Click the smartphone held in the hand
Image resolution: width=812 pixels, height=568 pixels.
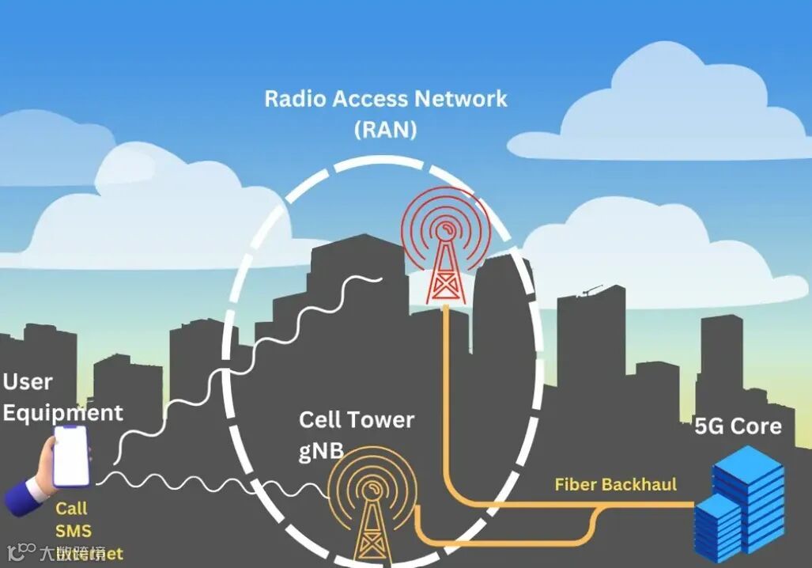click(x=70, y=456)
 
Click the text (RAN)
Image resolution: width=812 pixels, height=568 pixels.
click(x=385, y=129)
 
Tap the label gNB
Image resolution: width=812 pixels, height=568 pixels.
click(x=321, y=450)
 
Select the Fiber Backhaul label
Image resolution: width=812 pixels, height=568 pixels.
click(x=616, y=484)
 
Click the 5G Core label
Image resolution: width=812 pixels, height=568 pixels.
click(x=738, y=426)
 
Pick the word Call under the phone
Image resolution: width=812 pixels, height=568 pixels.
click(x=71, y=509)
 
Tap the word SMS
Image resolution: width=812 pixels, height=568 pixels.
click(x=73, y=531)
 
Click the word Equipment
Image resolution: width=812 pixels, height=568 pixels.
click(x=62, y=412)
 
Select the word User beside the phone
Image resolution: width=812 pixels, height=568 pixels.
click(x=28, y=381)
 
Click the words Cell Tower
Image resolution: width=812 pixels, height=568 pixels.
click(x=356, y=419)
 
